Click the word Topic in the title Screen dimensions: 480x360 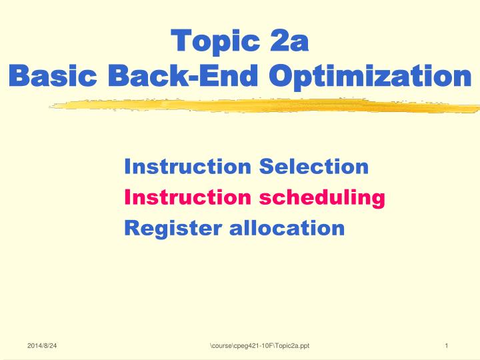pyautogui.click(x=215, y=41)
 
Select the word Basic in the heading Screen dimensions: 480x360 pyautogui.click(x=53, y=75)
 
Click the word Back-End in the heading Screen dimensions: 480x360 pyautogui.click(x=183, y=75)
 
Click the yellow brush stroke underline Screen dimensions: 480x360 pyautogui.click(x=264, y=105)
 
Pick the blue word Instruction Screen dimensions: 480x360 pyautogui.click(x=187, y=167)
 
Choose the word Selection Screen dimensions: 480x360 pyautogui.click(x=314, y=166)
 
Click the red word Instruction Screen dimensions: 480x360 pyautogui.click(x=187, y=197)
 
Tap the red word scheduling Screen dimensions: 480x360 pyautogui.click(x=322, y=199)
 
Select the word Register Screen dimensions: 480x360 pyautogui.click(x=173, y=229)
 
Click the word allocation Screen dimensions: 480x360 pyautogui.click(x=287, y=228)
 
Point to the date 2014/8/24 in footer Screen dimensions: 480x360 pyautogui.click(x=42, y=345)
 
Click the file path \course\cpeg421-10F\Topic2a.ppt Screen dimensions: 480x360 pyautogui.click(x=259, y=346)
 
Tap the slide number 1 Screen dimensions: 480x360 pyautogui.click(x=447, y=345)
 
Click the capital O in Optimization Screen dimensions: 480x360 pyautogui.click(x=281, y=75)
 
